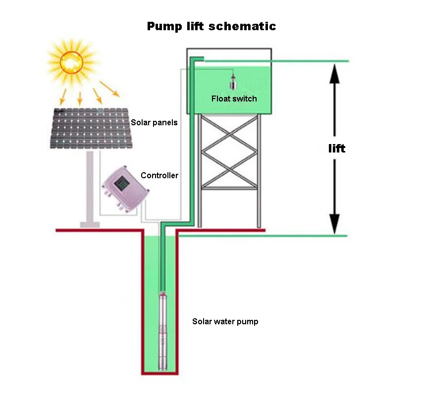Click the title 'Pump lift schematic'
coord(211,26)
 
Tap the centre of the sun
coord(71,62)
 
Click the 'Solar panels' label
coord(154,122)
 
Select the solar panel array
coord(91,128)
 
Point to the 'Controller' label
coord(159,175)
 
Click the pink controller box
coord(125,189)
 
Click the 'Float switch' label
coord(234,99)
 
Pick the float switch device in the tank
coord(233,81)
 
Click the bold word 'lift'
coord(337,149)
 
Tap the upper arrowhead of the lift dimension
coord(334,74)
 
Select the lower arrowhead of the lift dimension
coord(334,224)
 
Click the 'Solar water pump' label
coord(225,321)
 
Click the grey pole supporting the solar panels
coord(90,187)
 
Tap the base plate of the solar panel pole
coord(90,225)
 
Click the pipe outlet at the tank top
coord(197,59)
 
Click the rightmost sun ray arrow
coord(109,89)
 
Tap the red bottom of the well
coord(160,373)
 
